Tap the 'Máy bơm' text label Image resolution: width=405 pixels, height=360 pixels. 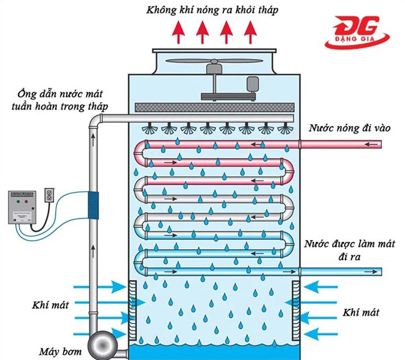pos(61,352)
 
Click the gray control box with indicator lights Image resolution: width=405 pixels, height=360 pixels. pos(25,209)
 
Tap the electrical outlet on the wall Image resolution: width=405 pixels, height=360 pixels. pos(49,195)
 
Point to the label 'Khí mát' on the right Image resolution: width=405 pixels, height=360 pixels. pos(360,312)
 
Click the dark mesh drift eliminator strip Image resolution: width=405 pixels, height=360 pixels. pos(214,107)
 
